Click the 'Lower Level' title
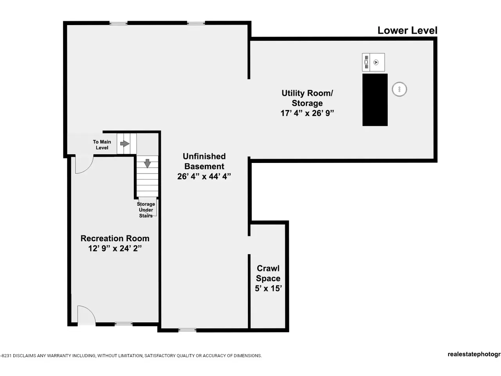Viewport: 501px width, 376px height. (407, 31)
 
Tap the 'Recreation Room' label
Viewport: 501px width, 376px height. (115, 239)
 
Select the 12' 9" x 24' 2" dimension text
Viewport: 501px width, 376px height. (115, 248)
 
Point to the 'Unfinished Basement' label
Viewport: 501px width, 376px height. (204, 161)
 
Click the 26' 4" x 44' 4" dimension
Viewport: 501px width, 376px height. (204, 177)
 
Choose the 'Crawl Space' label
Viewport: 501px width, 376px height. (268, 273)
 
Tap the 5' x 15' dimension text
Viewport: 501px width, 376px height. (269, 288)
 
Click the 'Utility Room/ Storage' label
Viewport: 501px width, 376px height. (307, 98)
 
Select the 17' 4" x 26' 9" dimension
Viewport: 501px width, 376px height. (307, 113)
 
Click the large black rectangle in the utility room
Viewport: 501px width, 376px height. (375, 100)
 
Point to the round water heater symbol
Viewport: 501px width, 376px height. (400, 89)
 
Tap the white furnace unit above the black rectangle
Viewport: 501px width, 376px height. (373, 62)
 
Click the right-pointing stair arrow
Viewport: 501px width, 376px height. (125, 144)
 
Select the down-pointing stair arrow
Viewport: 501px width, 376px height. (148, 163)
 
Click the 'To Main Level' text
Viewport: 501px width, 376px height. (102, 145)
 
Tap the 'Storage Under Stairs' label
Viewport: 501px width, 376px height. (146, 210)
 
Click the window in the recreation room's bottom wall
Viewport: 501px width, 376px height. (123, 324)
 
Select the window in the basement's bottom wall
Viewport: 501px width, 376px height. (187, 330)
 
